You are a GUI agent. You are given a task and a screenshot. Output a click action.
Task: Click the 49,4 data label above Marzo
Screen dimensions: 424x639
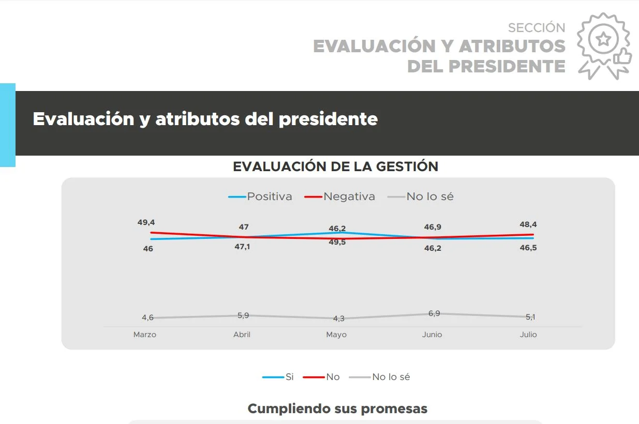coord(146,222)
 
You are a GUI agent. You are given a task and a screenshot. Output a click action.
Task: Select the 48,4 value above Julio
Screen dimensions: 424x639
coord(528,224)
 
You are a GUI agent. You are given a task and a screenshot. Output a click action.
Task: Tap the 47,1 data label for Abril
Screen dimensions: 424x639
coord(242,247)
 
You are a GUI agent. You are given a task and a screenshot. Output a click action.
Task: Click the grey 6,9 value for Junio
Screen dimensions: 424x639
coord(434,313)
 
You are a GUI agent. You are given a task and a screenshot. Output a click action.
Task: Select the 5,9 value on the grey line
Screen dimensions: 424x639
coord(242,314)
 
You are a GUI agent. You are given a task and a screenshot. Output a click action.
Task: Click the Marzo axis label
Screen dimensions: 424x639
coord(145,335)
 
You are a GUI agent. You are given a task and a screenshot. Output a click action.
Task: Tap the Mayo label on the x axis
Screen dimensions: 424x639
coord(336,335)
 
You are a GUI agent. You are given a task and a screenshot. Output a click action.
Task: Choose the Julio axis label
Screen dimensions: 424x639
coord(528,335)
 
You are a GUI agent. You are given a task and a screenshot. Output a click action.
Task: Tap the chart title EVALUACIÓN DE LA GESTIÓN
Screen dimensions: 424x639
coord(335,166)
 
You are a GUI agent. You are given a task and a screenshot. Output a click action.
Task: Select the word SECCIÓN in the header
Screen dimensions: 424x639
coord(537,27)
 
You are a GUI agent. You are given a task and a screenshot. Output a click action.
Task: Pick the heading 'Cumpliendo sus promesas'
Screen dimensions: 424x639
coord(337,408)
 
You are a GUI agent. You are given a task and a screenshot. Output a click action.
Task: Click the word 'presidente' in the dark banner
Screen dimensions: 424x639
coord(328,119)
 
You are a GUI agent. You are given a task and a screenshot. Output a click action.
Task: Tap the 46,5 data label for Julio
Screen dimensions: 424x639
coord(528,248)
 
